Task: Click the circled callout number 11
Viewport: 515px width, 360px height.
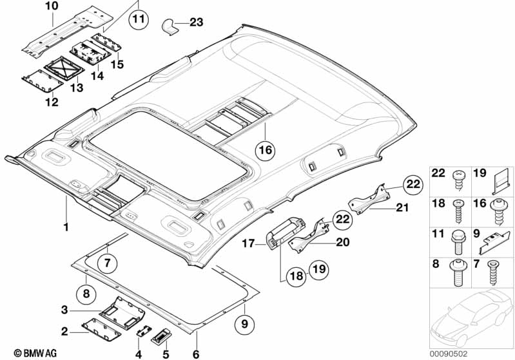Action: (139, 19)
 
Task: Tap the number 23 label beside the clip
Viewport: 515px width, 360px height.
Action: (197, 23)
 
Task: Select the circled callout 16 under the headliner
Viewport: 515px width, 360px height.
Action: (266, 150)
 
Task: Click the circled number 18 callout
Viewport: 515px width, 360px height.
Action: (296, 276)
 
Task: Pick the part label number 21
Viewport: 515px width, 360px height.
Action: (402, 207)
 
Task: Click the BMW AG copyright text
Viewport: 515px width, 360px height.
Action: (35, 353)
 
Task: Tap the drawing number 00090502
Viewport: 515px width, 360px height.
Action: (449, 354)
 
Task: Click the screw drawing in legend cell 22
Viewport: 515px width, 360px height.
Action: (458, 181)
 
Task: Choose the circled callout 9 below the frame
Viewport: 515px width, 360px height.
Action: (245, 324)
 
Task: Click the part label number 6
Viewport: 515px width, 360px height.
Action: (196, 354)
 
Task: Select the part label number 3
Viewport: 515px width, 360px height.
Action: (64, 310)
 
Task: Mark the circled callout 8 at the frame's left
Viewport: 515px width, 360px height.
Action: (86, 293)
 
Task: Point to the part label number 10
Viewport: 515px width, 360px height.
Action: (52, 6)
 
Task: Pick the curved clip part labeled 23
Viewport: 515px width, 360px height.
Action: (170, 27)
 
